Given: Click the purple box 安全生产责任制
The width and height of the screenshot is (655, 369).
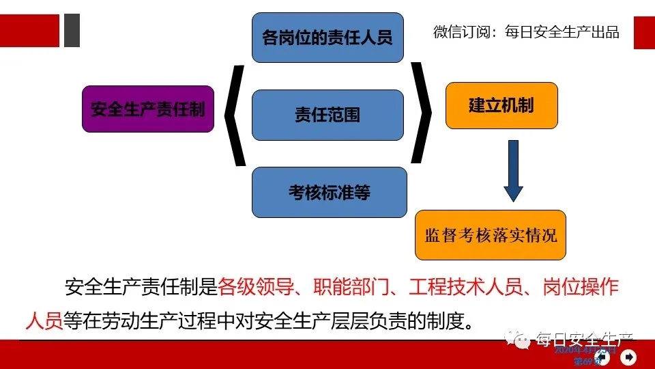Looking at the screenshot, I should pos(148,109).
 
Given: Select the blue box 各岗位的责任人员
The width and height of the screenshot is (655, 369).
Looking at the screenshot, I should pos(327,37).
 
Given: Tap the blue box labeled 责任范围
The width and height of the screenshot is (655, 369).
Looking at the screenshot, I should pos(327,115).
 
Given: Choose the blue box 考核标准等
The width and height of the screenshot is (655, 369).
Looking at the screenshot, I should pos(329,192).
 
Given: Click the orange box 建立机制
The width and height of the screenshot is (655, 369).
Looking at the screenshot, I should pos(501,105).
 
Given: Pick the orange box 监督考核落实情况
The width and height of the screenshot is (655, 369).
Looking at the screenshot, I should pos(491,235).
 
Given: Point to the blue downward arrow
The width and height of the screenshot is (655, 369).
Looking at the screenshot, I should pos(513,171).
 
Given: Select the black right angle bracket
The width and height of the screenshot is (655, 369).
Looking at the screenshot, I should pos(421,113).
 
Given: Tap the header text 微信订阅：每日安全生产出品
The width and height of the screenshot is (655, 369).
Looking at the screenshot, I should pos(526,32).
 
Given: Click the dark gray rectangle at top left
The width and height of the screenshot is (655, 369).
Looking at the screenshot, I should pos(72,31).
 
